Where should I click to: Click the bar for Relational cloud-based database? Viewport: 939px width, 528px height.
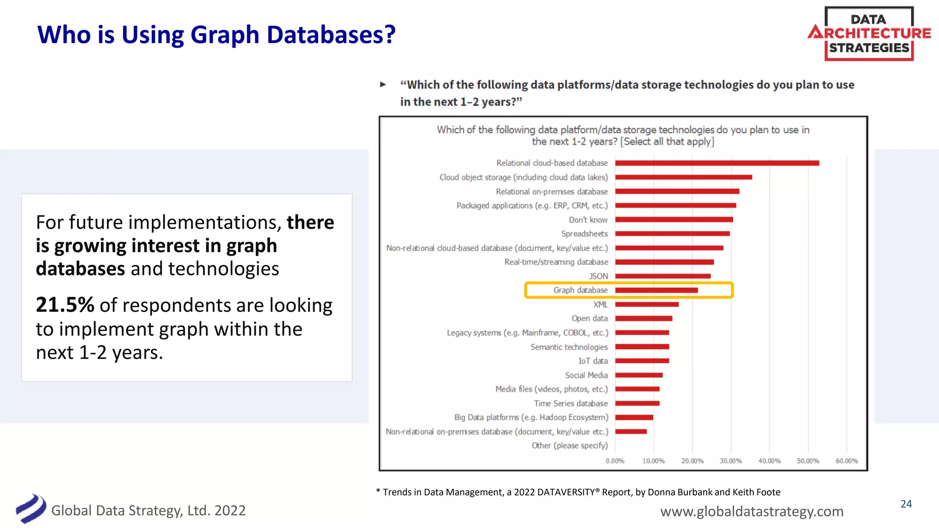717,163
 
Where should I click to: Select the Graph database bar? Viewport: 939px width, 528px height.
656,291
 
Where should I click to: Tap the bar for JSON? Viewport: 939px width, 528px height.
663,276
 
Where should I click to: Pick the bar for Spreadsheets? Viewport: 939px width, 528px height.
672,234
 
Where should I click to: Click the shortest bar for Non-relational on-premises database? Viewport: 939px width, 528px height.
631,432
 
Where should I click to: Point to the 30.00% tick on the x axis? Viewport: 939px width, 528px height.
730,461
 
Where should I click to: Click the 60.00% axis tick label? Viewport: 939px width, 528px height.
846,461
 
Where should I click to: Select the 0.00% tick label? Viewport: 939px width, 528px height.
615,461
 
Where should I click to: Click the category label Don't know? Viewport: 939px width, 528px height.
588,220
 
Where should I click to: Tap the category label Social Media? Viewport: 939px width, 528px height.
586,375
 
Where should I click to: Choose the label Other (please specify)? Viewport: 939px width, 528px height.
569,445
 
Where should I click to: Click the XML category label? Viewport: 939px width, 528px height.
600,305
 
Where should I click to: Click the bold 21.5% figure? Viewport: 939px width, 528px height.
65,305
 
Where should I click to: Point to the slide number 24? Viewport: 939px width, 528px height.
906,504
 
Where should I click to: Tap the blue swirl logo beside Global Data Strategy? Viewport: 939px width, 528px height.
31,509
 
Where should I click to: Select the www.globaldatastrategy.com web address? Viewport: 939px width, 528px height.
751,511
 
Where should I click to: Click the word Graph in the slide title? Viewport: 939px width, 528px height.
225,35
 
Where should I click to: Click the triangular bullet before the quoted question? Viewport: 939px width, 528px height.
383,84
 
